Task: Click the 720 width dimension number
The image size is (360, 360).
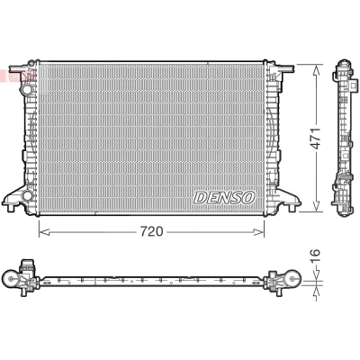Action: click(152, 231)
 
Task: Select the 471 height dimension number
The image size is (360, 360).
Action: click(316, 139)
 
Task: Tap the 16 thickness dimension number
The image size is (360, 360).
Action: click(316, 256)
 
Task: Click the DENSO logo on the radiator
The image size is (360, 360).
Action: click(224, 198)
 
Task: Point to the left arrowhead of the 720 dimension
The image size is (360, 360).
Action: click(44, 232)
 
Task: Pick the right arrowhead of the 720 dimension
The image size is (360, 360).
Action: click(258, 232)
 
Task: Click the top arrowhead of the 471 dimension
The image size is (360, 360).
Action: click(316, 70)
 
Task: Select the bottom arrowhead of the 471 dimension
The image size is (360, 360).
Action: click(316, 206)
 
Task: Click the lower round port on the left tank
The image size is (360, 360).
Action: click(27, 195)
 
